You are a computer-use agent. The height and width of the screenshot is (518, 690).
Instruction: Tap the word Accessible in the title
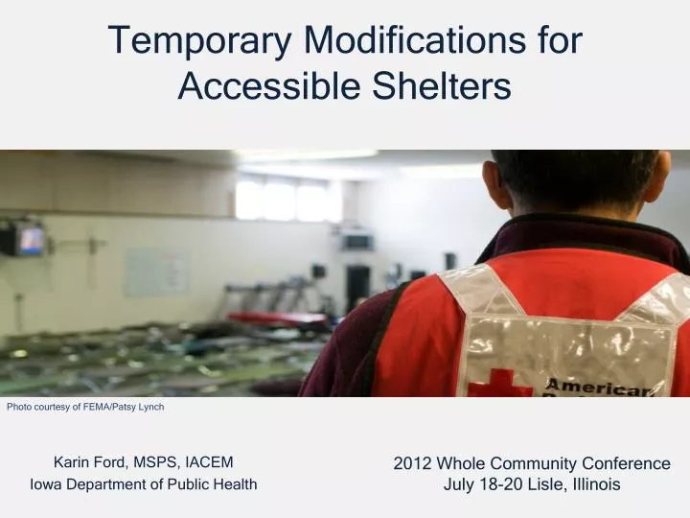pyautogui.click(x=260, y=87)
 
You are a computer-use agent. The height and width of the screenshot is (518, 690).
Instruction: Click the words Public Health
pyautogui.click(x=216, y=484)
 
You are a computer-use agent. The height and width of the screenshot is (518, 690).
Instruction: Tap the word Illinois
pyautogui.click(x=596, y=485)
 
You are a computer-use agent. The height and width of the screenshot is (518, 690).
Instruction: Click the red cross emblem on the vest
pyautogui.click(x=498, y=384)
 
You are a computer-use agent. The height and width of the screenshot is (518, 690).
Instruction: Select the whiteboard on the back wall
pyautogui.click(x=155, y=271)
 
